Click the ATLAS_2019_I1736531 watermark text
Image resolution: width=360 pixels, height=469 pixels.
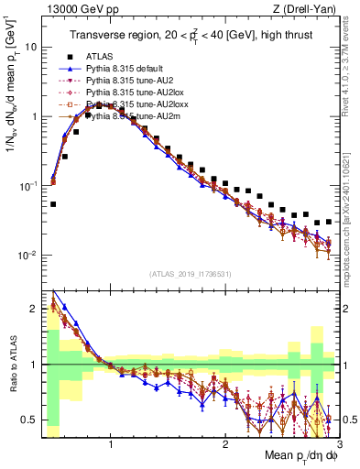click(190, 273)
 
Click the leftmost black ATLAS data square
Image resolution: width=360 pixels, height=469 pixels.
click(53, 204)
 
